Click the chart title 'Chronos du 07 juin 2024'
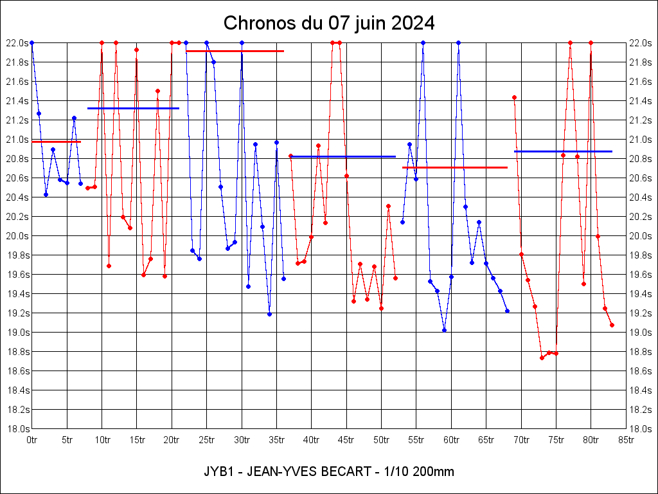[329, 24]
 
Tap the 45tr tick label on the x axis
[346, 440]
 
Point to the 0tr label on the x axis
[31, 440]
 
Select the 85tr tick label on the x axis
[626, 440]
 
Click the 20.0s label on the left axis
[17, 236]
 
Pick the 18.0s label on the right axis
[641, 429]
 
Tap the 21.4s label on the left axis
[17, 101]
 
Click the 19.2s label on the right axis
[641, 313]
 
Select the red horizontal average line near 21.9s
[235, 51]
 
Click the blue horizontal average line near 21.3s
[133, 108]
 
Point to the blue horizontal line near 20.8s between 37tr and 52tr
[343, 156]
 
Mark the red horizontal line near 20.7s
[455, 167]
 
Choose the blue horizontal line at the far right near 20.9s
[563, 151]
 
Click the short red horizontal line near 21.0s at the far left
[56, 142]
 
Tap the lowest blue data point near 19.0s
[444, 330]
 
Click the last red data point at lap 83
[612, 325]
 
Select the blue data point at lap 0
[31, 42]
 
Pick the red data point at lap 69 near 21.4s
[514, 97]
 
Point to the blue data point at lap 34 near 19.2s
[269, 314]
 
